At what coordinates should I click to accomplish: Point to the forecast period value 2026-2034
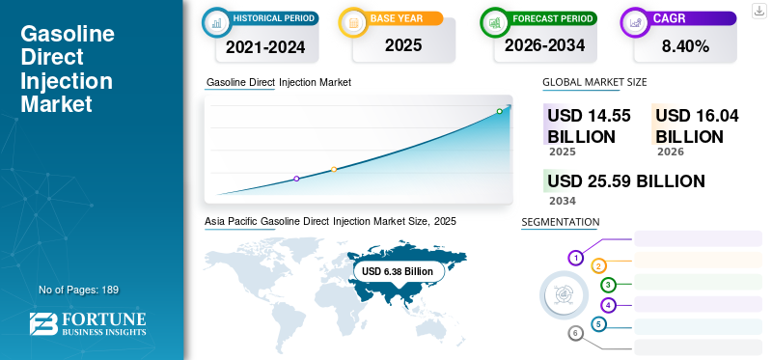pyautogui.click(x=543, y=45)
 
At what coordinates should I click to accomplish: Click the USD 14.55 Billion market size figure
pyautogui.click(x=589, y=125)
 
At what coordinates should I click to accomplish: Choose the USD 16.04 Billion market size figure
pyautogui.click(x=697, y=125)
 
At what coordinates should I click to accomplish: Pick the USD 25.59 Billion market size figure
pyautogui.click(x=625, y=180)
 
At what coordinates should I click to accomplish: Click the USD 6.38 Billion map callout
pyautogui.click(x=398, y=272)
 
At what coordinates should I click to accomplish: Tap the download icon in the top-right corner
pyautogui.click(x=758, y=11)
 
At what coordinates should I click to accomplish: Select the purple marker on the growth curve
pyautogui.click(x=296, y=179)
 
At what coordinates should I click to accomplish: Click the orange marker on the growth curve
pyautogui.click(x=334, y=170)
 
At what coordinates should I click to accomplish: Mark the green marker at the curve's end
pyautogui.click(x=499, y=112)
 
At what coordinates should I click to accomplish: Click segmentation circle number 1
pyautogui.click(x=575, y=258)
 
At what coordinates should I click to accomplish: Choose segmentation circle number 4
pyautogui.click(x=608, y=305)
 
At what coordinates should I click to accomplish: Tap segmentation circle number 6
pyautogui.click(x=575, y=334)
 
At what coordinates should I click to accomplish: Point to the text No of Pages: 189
pyautogui.click(x=78, y=290)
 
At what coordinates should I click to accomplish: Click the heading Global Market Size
pyautogui.click(x=594, y=82)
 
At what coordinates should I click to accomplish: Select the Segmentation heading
pyautogui.click(x=560, y=222)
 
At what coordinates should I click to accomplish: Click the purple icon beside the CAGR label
pyautogui.click(x=635, y=20)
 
